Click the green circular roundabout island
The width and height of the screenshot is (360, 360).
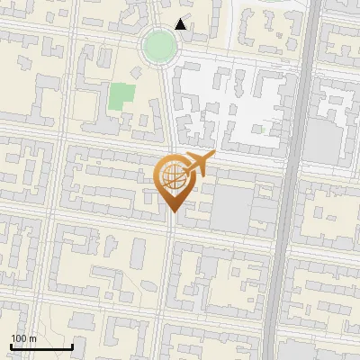tap(158, 45)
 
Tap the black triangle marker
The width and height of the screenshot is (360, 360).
tap(182, 24)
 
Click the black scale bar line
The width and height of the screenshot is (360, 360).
tap(41, 346)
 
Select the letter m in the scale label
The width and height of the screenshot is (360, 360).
tap(32, 337)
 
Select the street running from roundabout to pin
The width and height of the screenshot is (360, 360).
tap(166, 108)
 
